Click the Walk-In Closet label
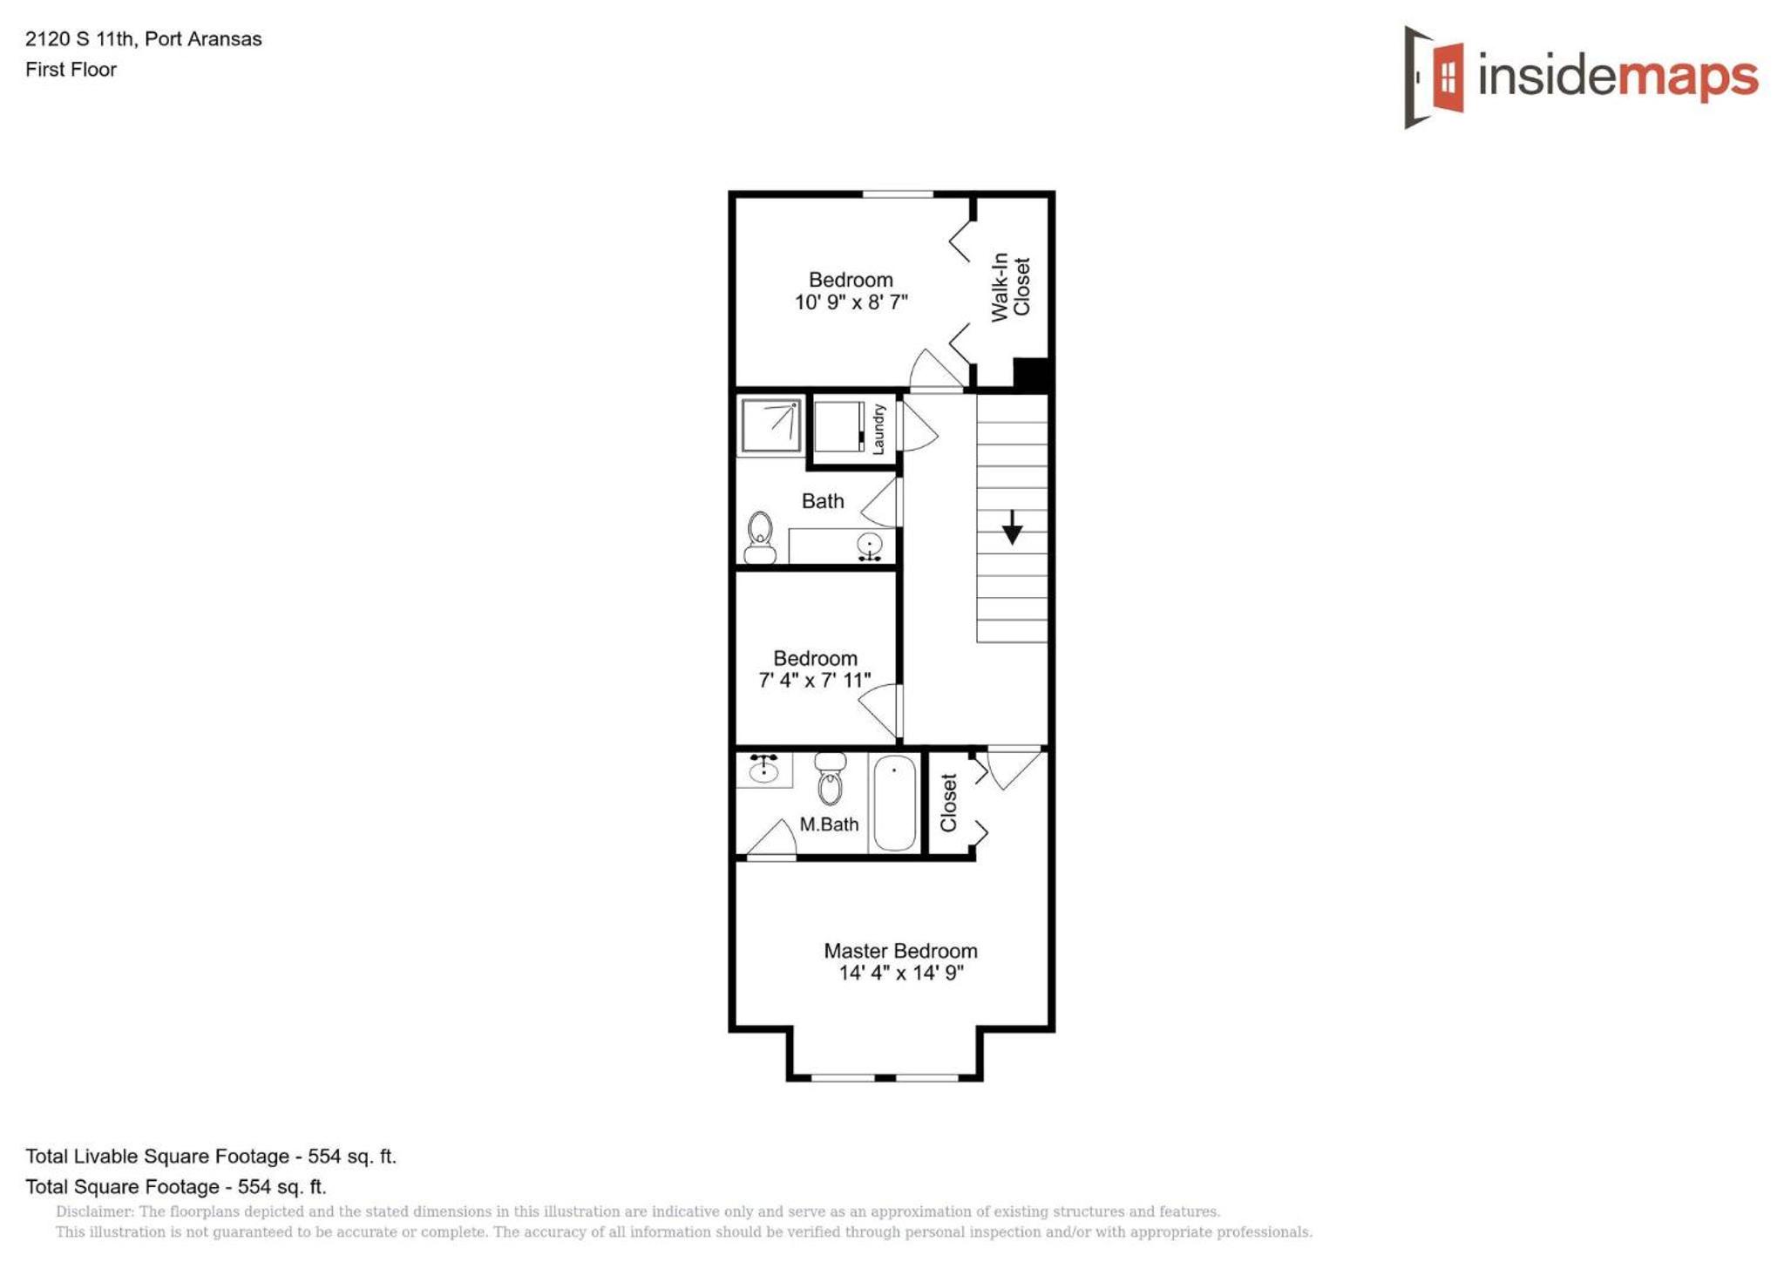click(x=1011, y=287)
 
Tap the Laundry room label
click(x=878, y=429)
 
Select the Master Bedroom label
click(x=900, y=951)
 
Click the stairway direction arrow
click(x=1012, y=527)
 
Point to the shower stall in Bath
click(x=770, y=425)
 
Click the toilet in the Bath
click(x=760, y=538)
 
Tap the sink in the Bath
click(x=869, y=546)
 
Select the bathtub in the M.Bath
click(x=894, y=803)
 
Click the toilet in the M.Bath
click(x=830, y=778)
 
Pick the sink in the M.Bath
click(x=763, y=769)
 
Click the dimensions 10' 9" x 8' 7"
click(x=851, y=302)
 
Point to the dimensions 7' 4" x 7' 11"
click(x=815, y=680)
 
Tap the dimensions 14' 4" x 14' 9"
click(x=901, y=973)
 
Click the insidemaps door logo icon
click(x=1434, y=77)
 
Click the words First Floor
click(x=71, y=70)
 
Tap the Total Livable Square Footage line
click(x=211, y=1157)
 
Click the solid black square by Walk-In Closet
click(x=1031, y=374)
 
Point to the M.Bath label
click(x=829, y=824)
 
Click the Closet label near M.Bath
click(x=948, y=803)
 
